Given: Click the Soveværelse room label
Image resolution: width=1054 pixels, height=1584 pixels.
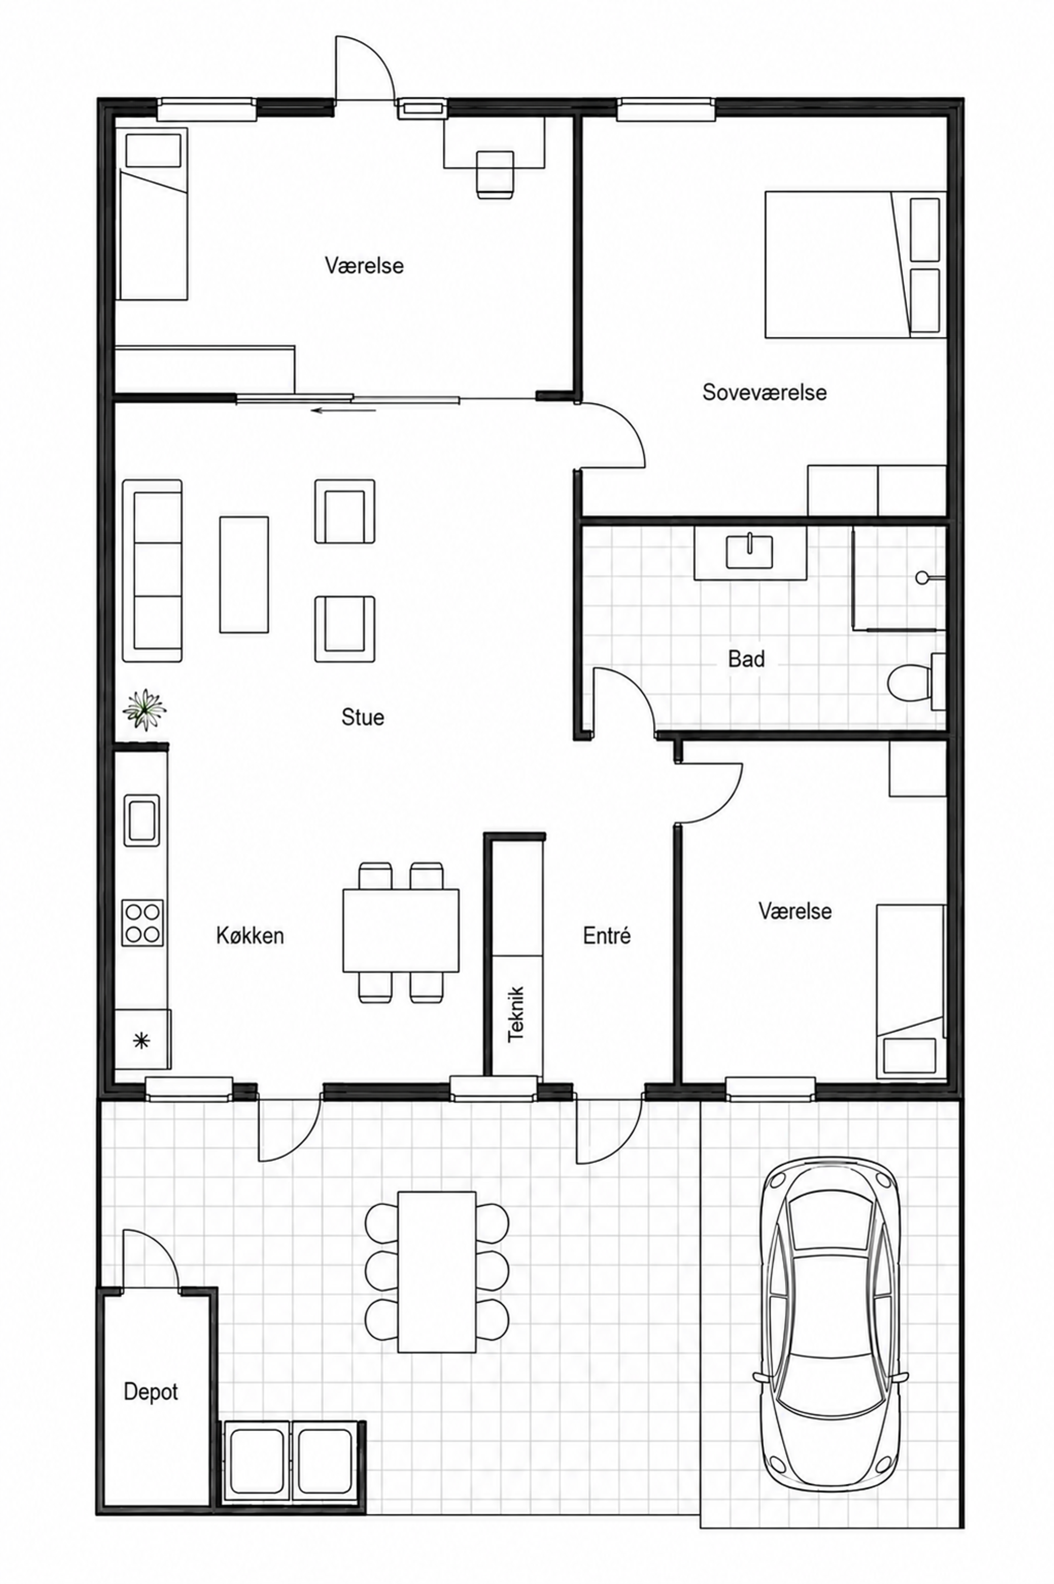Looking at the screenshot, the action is [x=764, y=392].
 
